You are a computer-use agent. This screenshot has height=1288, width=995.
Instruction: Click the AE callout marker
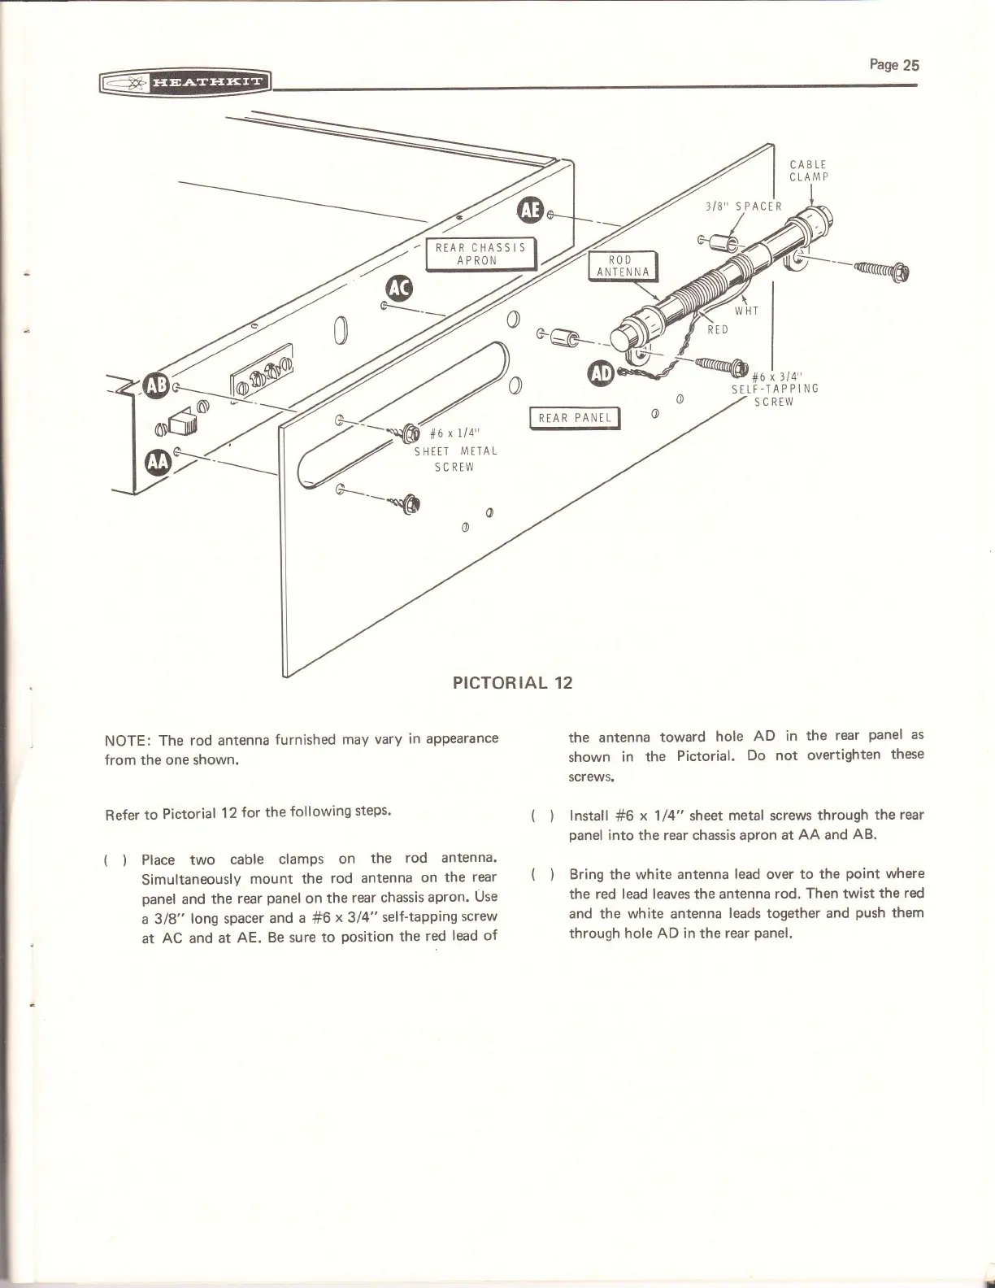[x=529, y=210]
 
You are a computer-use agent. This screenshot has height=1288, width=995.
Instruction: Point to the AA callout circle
[x=156, y=461]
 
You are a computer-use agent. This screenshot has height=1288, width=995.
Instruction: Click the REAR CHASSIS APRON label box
[x=480, y=254]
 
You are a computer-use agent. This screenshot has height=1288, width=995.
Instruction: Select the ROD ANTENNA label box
[x=622, y=266]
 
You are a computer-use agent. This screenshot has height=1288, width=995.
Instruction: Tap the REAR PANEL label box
[x=574, y=418]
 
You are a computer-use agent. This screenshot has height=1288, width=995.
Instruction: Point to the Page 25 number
[x=893, y=65]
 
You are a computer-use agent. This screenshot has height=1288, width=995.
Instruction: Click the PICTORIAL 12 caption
[x=512, y=683]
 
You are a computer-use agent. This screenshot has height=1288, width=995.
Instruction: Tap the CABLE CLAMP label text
[x=808, y=170]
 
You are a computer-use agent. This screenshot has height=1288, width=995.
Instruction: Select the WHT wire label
[x=746, y=311]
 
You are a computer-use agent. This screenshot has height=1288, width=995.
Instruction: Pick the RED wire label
[x=717, y=329]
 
